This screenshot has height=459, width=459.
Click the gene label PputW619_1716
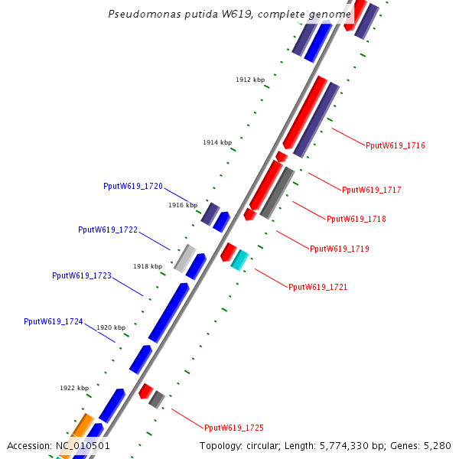(396, 145)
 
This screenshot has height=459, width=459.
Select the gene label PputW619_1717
(372, 190)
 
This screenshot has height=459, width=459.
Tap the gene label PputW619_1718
(356, 219)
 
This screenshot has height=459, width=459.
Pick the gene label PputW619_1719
(340, 249)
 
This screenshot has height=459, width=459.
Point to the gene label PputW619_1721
(318, 287)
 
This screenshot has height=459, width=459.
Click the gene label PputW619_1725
(234, 428)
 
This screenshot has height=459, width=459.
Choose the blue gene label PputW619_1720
(133, 186)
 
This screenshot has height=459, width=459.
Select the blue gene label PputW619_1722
(108, 229)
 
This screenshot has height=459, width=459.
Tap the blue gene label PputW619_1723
(82, 275)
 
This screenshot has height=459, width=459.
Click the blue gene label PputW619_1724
(54, 321)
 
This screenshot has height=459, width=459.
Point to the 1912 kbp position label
(250, 80)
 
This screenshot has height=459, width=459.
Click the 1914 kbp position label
(217, 142)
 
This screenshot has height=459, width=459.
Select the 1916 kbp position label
(183, 205)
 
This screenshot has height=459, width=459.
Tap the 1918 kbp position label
(148, 266)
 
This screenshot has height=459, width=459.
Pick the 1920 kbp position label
(111, 327)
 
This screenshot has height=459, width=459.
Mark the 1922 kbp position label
(74, 388)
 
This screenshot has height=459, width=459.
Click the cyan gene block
(240, 260)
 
